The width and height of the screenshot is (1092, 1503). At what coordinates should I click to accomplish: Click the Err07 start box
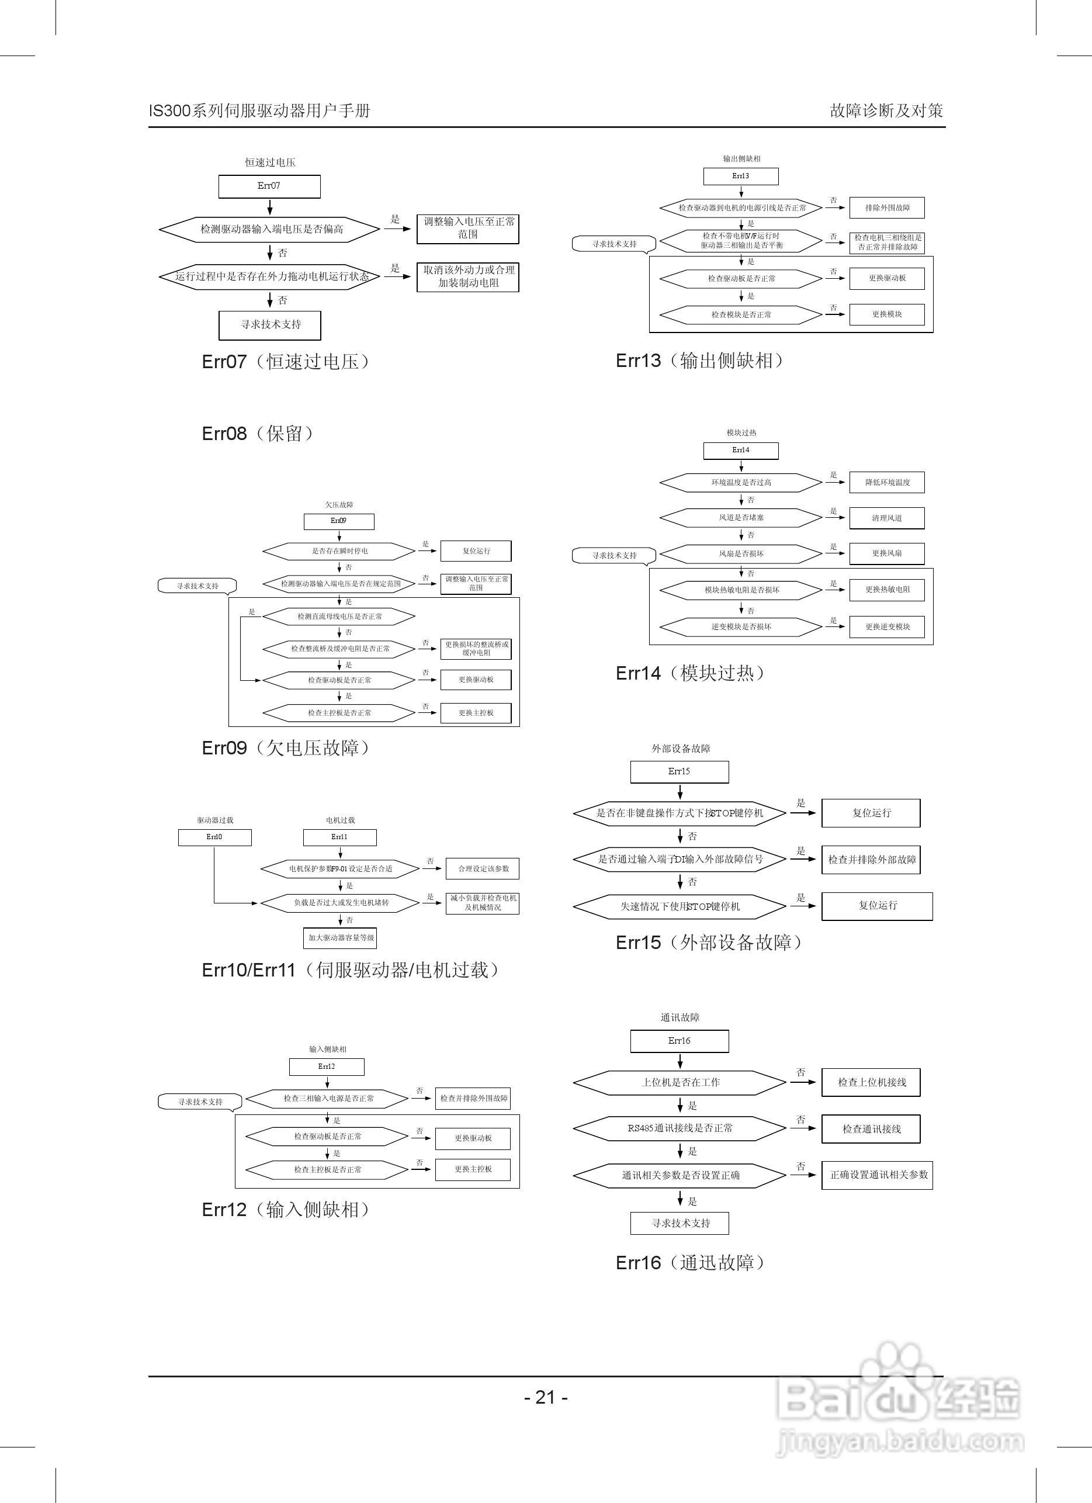click(x=269, y=186)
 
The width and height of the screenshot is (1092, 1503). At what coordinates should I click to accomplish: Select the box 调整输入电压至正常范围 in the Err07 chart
click(x=468, y=228)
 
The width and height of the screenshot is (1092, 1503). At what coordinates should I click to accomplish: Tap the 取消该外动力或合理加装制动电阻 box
click(x=468, y=277)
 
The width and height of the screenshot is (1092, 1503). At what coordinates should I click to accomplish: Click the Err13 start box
click(x=740, y=176)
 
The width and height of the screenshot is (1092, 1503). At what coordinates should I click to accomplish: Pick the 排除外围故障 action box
click(x=886, y=207)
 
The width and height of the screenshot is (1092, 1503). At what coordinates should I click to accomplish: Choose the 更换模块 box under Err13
click(x=886, y=314)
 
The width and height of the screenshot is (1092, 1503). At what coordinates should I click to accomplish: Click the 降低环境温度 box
click(x=886, y=483)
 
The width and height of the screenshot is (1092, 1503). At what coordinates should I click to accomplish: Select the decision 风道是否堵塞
click(x=741, y=518)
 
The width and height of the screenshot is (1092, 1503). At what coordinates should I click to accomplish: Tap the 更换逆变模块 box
click(x=886, y=627)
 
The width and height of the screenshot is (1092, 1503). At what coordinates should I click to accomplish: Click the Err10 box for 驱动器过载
click(x=214, y=837)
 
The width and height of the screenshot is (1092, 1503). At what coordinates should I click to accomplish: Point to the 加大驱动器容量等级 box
click(x=341, y=938)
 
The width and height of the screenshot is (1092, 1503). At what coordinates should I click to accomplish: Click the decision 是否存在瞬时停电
click(x=339, y=550)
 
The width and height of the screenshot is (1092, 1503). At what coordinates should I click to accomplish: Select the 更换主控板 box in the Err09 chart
click(x=476, y=713)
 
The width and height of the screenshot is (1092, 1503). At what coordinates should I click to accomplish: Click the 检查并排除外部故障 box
click(x=871, y=860)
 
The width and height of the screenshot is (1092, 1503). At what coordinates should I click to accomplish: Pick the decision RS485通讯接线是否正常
click(x=680, y=1128)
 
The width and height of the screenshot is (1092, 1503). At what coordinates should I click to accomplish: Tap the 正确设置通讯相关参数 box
click(x=878, y=1175)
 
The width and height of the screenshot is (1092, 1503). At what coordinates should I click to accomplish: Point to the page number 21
click(x=545, y=1398)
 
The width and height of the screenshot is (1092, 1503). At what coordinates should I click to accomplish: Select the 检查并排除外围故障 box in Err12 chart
click(x=473, y=1098)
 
